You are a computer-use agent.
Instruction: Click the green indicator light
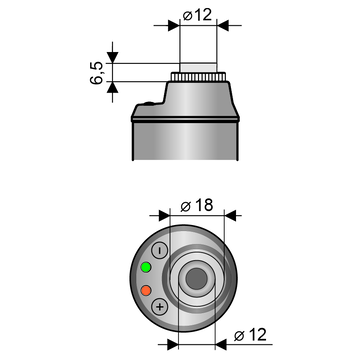(146, 267)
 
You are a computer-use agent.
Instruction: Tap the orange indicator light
(146, 290)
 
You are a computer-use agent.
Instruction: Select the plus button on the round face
(160, 307)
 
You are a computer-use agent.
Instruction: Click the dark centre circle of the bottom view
(196, 279)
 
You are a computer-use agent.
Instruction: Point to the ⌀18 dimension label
(197, 206)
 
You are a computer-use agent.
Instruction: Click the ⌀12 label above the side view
(197, 15)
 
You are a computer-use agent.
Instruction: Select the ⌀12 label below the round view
(250, 335)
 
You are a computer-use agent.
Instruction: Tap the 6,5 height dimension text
(97, 73)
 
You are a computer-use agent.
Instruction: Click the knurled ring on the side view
(198, 77)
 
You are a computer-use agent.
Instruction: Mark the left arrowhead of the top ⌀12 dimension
(174, 25)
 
